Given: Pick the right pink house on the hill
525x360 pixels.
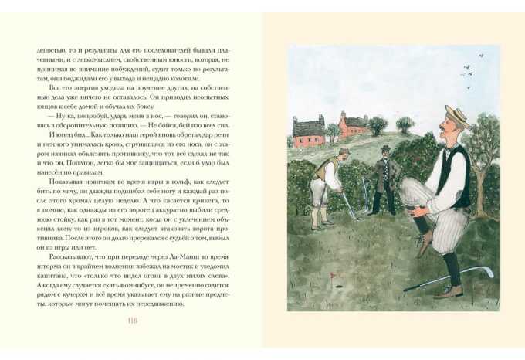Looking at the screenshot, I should coord(353,122).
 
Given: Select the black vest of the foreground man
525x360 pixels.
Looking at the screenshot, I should coord(460,174).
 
